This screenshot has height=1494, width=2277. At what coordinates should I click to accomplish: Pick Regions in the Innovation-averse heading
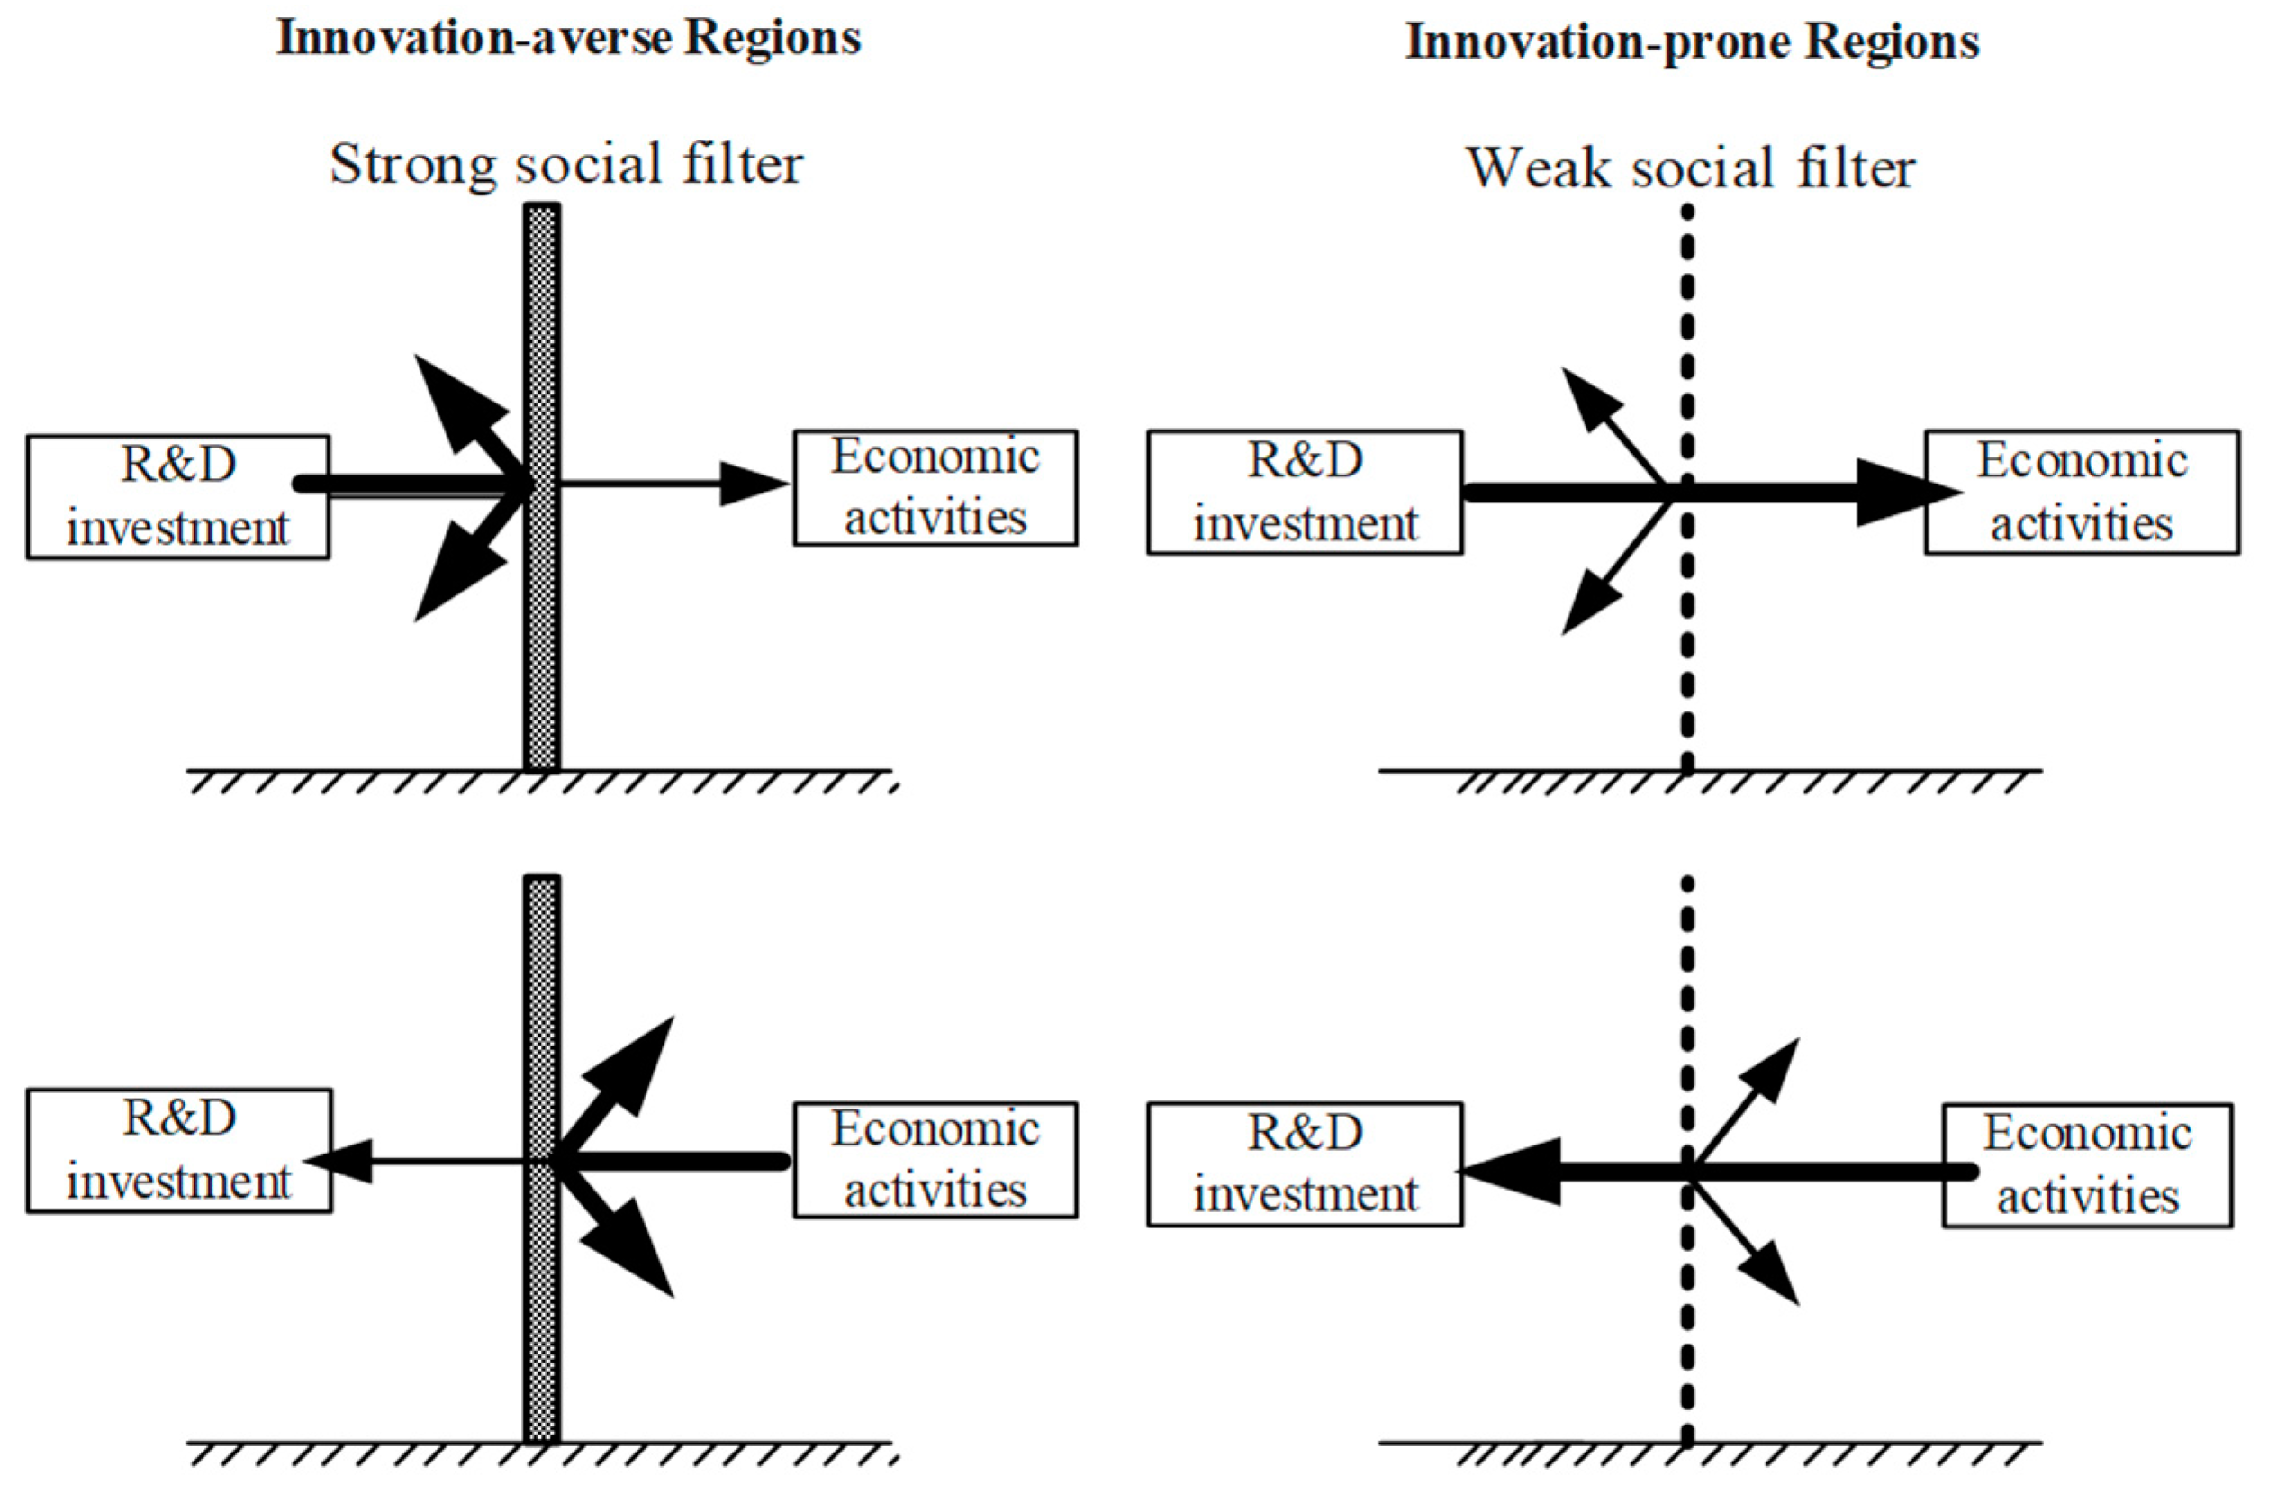coord(773,40)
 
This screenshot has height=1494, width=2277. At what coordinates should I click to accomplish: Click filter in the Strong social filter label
coord(743,165)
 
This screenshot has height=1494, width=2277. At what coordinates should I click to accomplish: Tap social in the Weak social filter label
coord(1699,169)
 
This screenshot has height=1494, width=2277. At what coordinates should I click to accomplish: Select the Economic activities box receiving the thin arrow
coord(935,488)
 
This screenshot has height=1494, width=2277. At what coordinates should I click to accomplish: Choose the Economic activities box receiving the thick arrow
coord(2082,492)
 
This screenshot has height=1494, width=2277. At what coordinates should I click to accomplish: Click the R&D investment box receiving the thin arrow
coord(179,1150)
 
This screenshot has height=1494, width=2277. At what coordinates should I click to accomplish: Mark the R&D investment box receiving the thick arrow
coord(1305,1164)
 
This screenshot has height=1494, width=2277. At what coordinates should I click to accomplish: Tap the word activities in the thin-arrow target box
coord(935,519)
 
